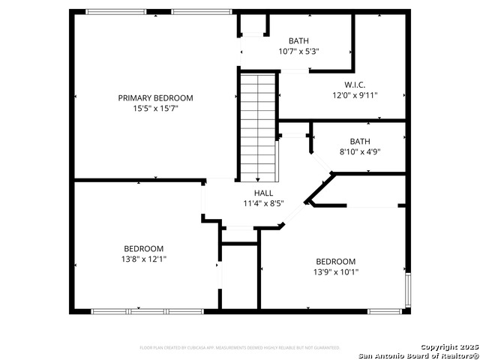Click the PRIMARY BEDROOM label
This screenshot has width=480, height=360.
pyautogui.click(x=155, y=98)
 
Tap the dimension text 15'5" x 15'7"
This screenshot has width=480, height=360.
pyautogui.click(x=155, y=109)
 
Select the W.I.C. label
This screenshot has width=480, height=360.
pyautogui.click(x=355, y=85)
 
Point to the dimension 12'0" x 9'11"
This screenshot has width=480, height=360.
pyautogui.click(x=355, y=95)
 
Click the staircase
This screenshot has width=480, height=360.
pyautogui.click(x=257, y=124)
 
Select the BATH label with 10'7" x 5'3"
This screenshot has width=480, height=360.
pyautogui.click(x=298, y=41)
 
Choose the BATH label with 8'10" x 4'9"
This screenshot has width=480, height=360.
pyautogui.click(x=360, y=141)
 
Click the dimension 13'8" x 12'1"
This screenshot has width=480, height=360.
pyautogui.click(x=143, y=259)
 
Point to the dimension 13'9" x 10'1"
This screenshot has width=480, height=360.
pyautogui.click(x=335, y=272)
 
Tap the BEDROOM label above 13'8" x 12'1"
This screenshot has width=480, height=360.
pyautogui.click(x=143, y=248)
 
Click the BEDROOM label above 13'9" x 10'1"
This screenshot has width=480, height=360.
pyautogui.click(x=335, y=262)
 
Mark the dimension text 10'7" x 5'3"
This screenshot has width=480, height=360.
pyautogui.click(x=298, y=52)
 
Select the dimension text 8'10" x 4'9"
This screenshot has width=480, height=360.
pyautogui.click(x=360, y=151)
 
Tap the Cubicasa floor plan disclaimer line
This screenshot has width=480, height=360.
pyautogui.click(x=240, y=348)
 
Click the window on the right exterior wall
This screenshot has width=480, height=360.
pyautogui.click(x=408, y=290)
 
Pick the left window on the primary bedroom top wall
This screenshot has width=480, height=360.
pyautogui.click(x=115, y=12)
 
